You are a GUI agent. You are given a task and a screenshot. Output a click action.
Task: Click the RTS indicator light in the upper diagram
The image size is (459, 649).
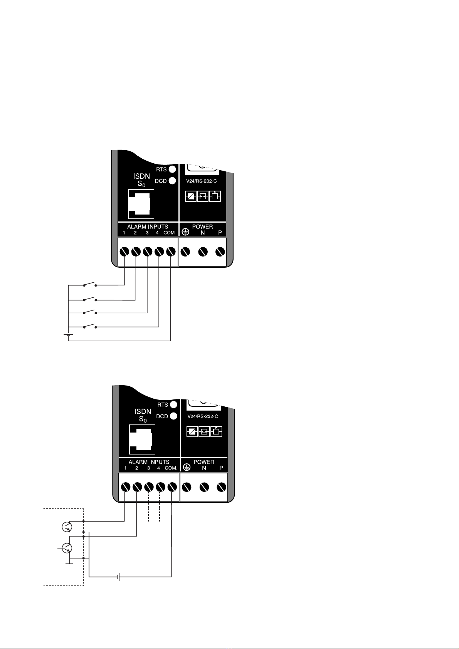click(172, 169)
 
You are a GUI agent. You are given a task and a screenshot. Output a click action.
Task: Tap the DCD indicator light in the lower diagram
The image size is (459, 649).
click(173, 416)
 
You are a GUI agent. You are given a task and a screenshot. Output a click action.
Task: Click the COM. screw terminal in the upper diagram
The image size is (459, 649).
click(171, 252)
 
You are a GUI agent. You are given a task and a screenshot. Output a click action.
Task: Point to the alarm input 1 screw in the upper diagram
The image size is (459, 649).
click(124, 252)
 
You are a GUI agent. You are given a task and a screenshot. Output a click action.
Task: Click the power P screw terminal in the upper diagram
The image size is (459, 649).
click(220, 252)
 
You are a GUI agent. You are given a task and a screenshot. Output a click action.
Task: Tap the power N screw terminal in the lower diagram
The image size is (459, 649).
click(204, 487)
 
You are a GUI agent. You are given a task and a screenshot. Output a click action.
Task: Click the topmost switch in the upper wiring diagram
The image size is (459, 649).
click(89, 285)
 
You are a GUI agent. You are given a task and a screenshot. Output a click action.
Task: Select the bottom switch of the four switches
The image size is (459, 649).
click(89, 327)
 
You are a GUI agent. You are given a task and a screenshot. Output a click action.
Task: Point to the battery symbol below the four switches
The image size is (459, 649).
click(68, 335)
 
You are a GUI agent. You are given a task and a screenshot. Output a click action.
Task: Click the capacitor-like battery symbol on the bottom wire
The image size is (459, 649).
click(119, 577)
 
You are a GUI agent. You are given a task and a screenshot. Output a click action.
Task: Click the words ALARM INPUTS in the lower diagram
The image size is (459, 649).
click(149, 462)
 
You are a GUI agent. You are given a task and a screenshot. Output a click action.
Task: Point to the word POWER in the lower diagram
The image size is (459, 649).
click(204, 462)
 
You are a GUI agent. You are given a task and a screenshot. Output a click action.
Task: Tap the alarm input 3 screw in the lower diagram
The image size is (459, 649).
click(148, 487)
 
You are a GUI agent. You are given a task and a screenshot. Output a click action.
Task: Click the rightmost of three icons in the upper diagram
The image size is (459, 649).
click(215, 196)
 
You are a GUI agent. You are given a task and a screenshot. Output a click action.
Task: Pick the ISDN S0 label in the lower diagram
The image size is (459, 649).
click(143, 415)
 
